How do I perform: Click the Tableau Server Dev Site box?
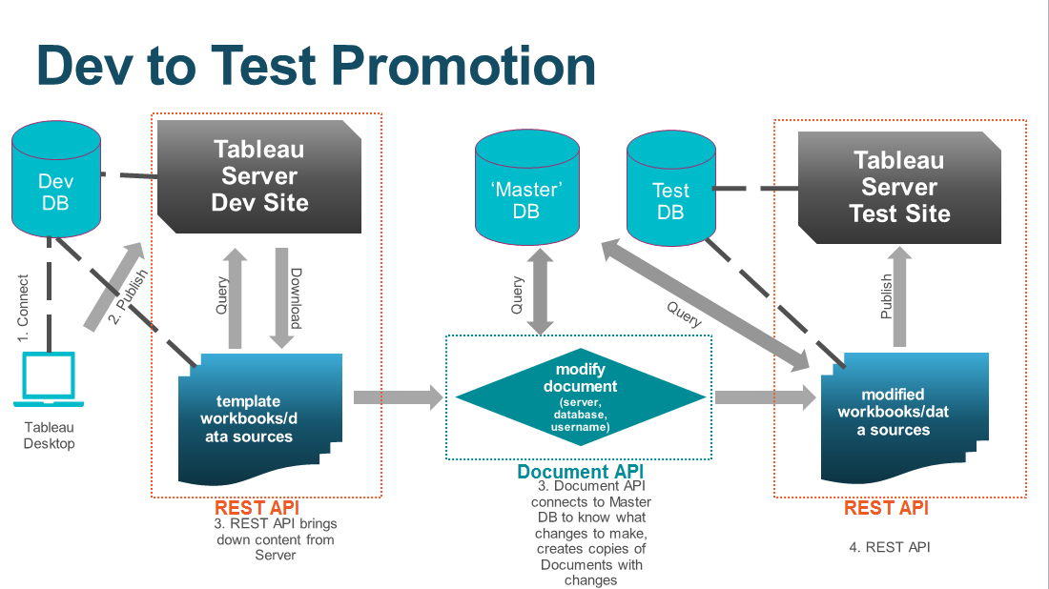tap(259, 176)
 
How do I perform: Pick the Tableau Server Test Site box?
tap(899, 187)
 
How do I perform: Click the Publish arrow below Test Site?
tap(898, 295)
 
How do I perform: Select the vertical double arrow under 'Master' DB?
tap(542, 291)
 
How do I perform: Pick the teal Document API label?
tap(581, 472)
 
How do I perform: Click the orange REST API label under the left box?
tap(250, 508)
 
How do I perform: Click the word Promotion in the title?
tap(467, 67)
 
